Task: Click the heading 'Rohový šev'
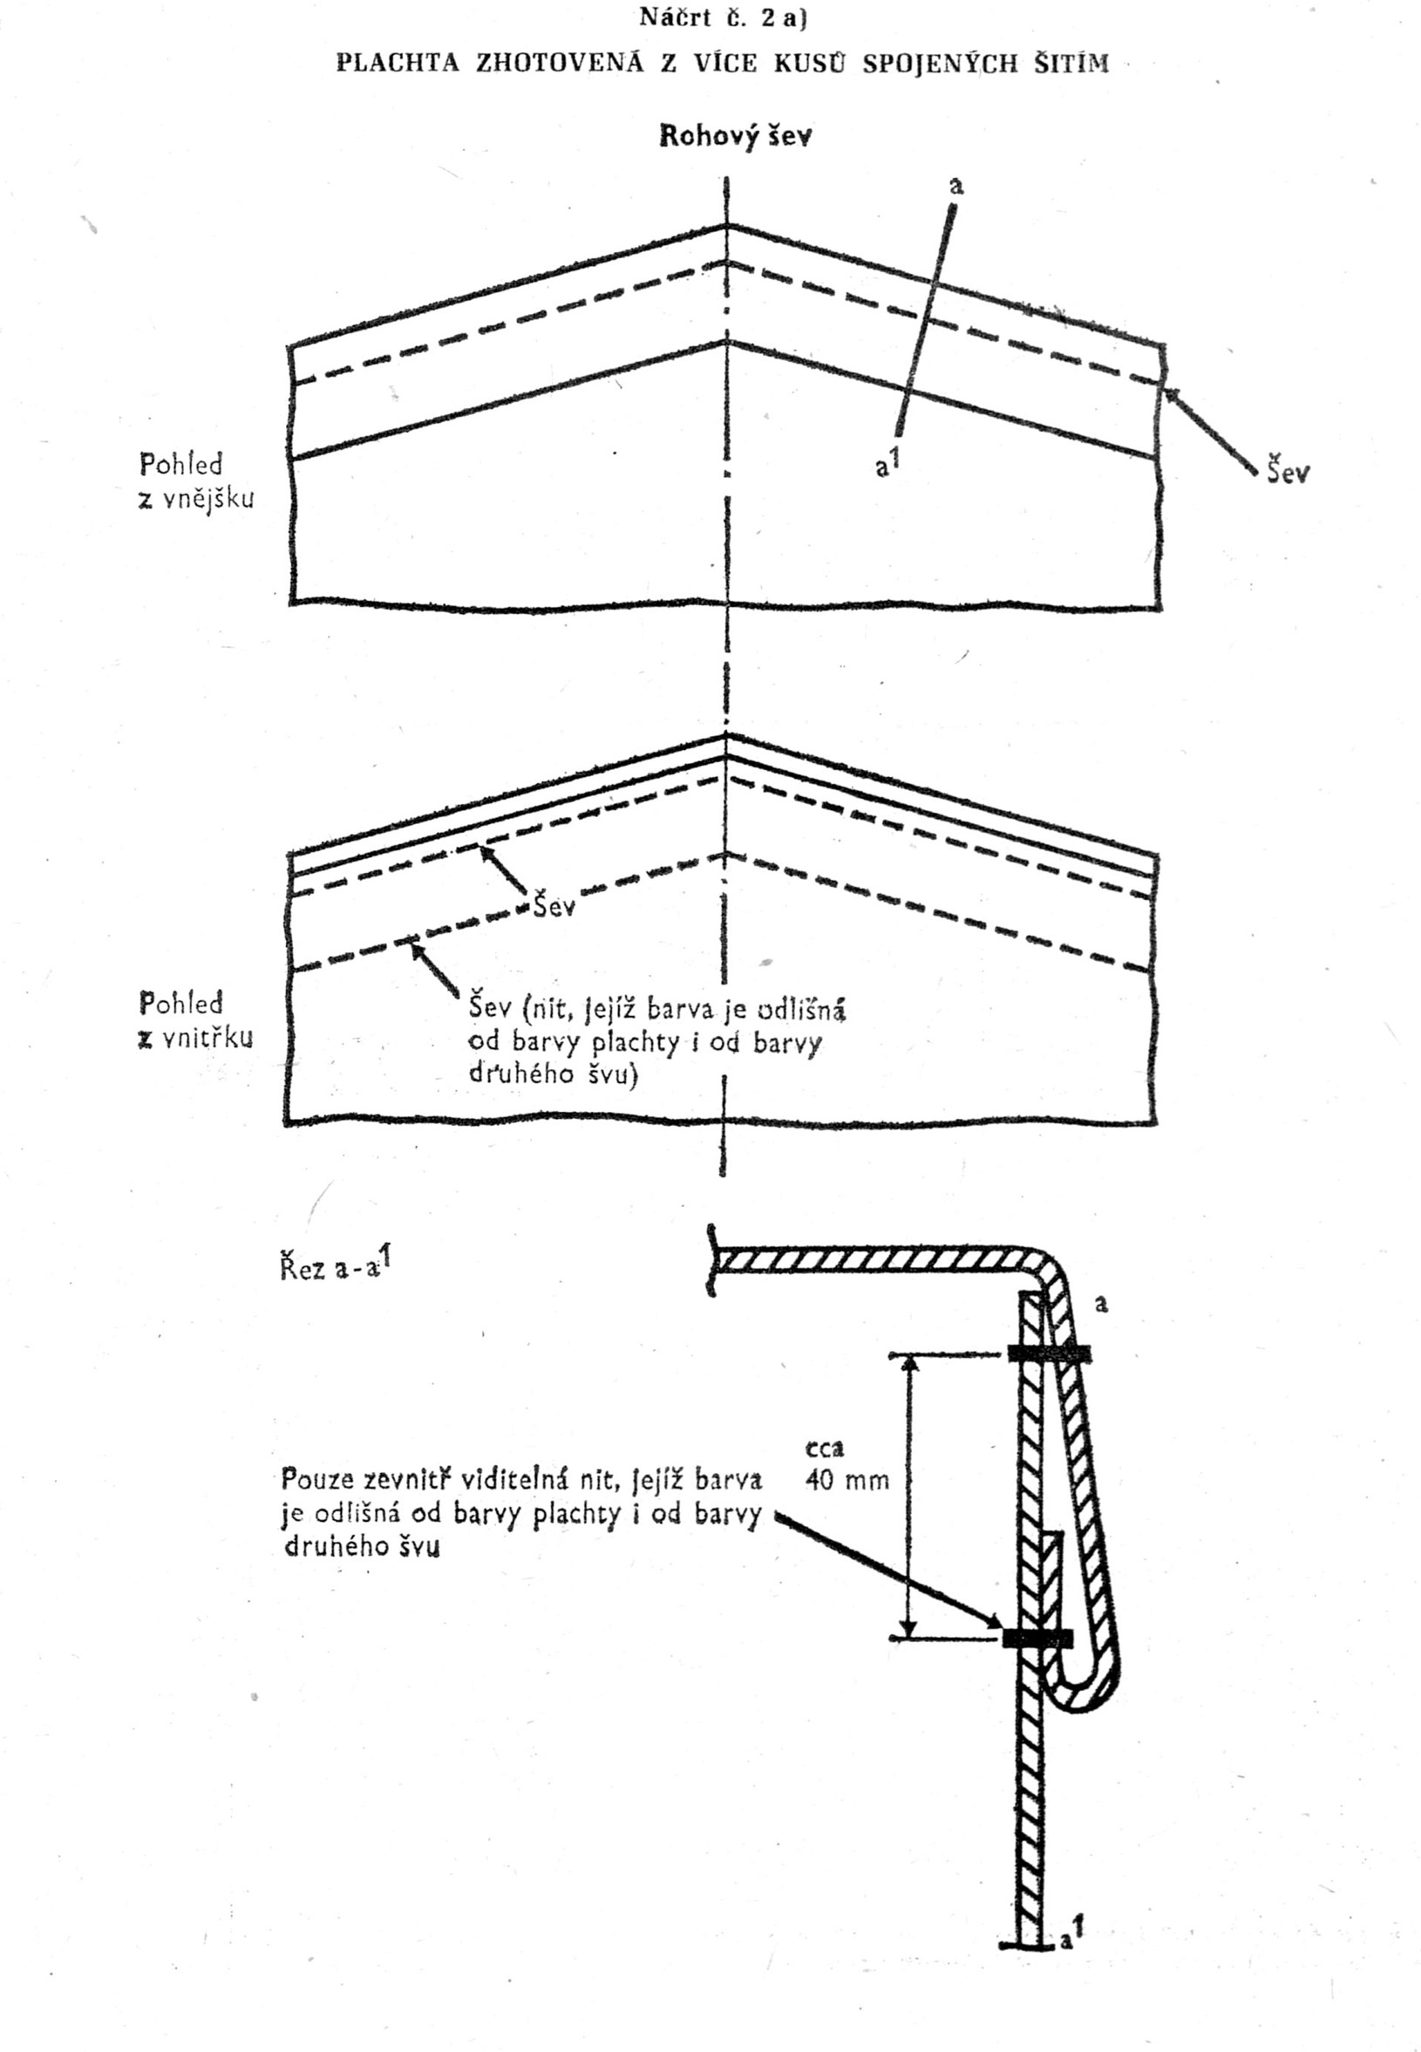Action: pyautogui.click(x=735, y=136)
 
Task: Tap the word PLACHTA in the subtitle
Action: pyautogui.click(x=398, y=65)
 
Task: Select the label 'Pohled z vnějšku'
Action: pyautogui.click(x=196, y=481)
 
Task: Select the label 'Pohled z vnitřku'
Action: pyautogui.click(x=196, y=1019)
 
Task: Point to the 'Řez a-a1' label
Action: pyautogui.click(x=336, y=1265)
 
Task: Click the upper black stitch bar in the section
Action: pyautogui.click(x=1049, y=1354)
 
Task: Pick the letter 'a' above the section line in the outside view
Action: pyautogui.click(x=956, y=186)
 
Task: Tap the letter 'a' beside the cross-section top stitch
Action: pyautogui.click(x=1101, y=1305)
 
